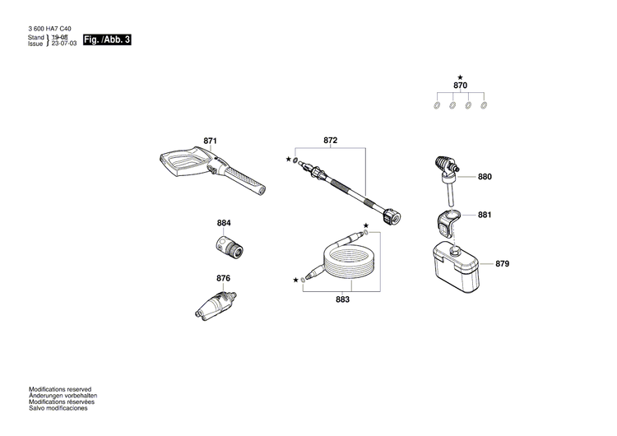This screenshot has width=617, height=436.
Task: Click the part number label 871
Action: [x=210, y=141]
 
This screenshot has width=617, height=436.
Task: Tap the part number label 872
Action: [x=330, y=141]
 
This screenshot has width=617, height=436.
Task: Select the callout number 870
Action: [x=460, y=86]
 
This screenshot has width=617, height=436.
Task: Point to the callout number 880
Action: [x=485, y=177]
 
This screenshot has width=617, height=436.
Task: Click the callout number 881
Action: [x=485, y=216]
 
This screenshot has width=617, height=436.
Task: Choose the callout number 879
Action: [x=503, y=264]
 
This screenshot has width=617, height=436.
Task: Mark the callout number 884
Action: [x=224, y=224]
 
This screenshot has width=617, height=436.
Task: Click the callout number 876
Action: [x=223, y=278]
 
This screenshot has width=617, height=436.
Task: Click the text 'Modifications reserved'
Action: [x=60, y=389]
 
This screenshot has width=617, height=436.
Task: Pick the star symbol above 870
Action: [x=460, y=77]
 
